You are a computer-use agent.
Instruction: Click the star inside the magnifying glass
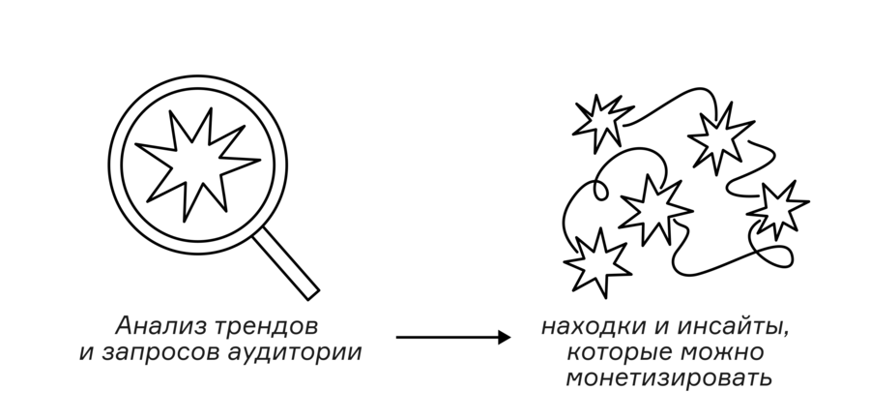click(197, 164)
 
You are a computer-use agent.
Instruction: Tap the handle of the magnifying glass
click(286, 263)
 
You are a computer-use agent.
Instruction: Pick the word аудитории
click(295, 353)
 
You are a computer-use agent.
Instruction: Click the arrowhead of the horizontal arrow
click(505, 337)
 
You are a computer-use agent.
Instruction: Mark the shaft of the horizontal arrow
click(448, 337)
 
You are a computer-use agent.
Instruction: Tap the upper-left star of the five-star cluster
click(602, 123)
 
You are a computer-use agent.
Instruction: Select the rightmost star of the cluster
click(777, 209)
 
